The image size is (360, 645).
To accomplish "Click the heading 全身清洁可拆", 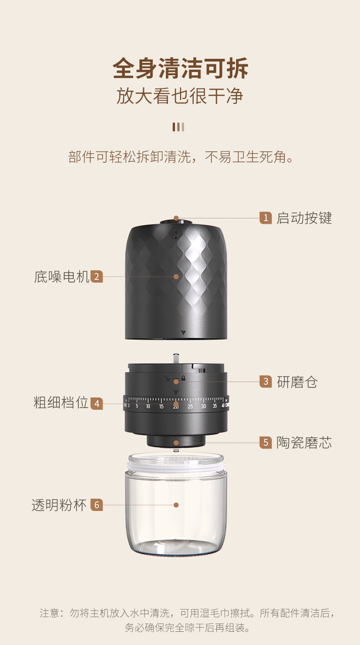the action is pyautogui.click(x=180, y=68).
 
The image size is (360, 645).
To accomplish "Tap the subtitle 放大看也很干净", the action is pyautogui.click(x=180, y=96).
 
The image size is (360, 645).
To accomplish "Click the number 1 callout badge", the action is pyautogui.click(x=266, y=218).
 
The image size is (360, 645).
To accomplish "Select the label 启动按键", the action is pyautogui.click(x=304, y=218).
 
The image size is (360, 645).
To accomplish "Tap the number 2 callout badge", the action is pyautogui.click(x=97, y=277).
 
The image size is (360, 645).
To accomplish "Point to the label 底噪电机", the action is pyautogui.click(x=62, y=277).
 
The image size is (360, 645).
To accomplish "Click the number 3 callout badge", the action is pyautogui.click(x=266, y=382).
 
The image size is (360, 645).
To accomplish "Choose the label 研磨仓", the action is pyautogui.click(x=297, y=382).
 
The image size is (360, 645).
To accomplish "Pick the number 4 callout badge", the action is pyautogui.click(x=97, y=404).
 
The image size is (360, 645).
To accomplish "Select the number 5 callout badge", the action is pyautogui.click(x=266, y=443).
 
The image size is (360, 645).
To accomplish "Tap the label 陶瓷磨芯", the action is pyautogui.click(x=304, y=443).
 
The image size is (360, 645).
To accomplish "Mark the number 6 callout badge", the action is pyautogui.click(x=97, y=505).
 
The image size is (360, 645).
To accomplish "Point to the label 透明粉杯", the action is pyautogui.click(x=59, y=505).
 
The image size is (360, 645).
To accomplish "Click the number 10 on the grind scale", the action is pyautogui.click(x=148, y=406).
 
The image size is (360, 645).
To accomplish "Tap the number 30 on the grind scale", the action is pyautogui.click(x=203, y=406).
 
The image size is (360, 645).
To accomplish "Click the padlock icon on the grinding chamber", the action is pyautogui.click(x=183, y=378).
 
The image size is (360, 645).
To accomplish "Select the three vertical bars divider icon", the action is pyautogui.click(x=179, y=127).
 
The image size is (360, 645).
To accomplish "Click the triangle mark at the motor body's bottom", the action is pyautogui.click(x=183, y=333).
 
